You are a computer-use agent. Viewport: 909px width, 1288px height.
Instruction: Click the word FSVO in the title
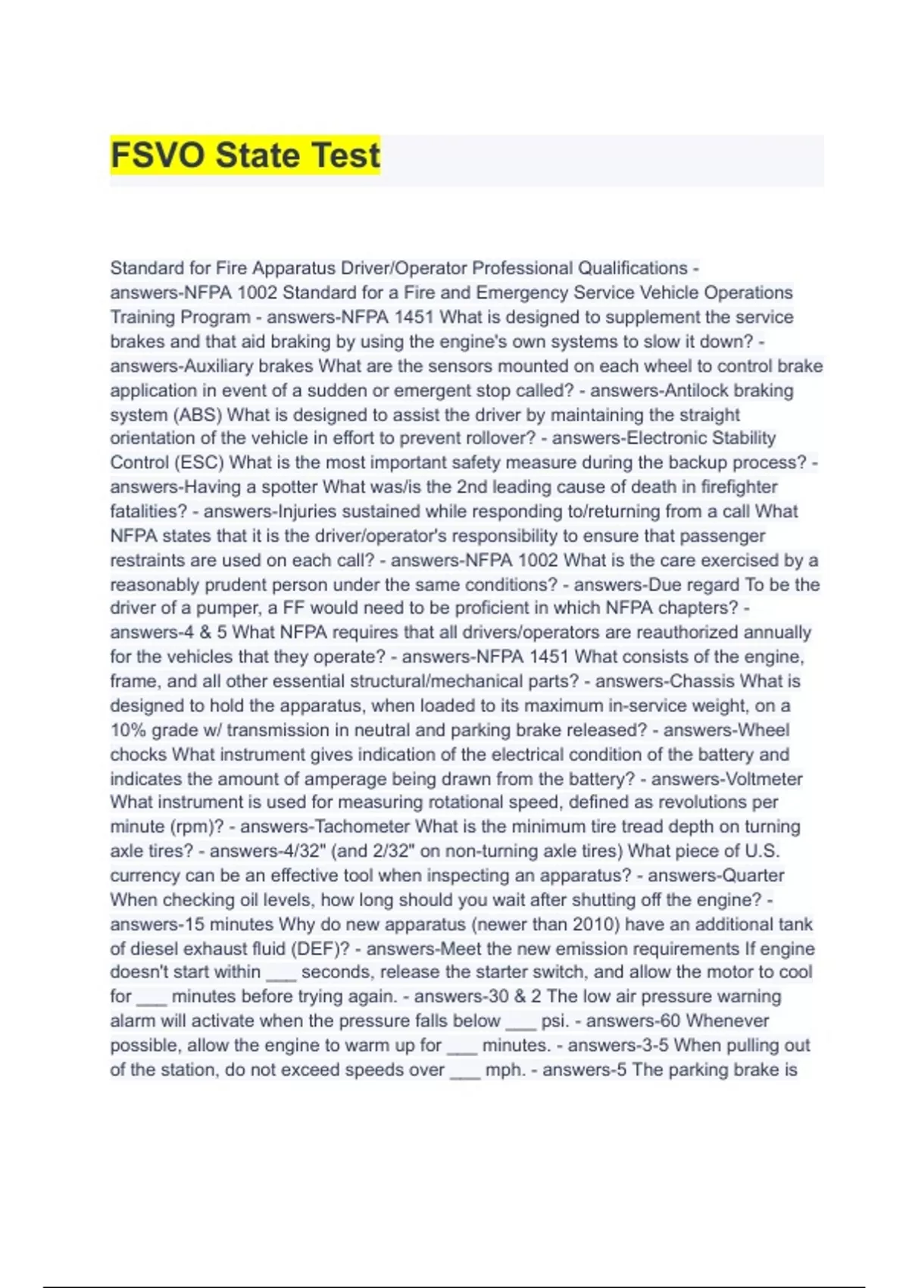[x=158, y=155]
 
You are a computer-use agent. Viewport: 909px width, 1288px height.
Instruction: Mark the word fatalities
[x=148, y=511]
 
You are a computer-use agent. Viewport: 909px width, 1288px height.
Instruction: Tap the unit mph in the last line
[x=503, y=1070]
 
